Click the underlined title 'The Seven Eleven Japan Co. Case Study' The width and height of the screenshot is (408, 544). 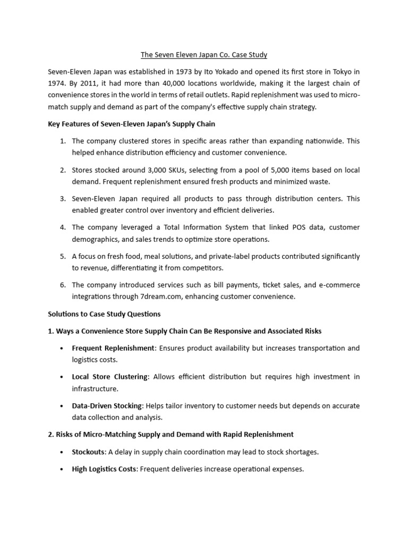[x=203, y=55]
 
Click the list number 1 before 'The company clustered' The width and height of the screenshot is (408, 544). [x=62, y=141]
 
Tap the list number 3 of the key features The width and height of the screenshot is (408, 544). [x=62, y=199]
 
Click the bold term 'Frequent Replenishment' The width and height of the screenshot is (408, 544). [x=113, y=348]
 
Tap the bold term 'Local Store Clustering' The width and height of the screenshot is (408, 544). [x=110, y=377]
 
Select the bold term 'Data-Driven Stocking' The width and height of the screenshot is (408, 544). [x=107, y=406]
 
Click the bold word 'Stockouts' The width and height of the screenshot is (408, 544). [x=89, y=452]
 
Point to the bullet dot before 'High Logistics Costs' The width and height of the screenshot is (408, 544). [x=62, y=470]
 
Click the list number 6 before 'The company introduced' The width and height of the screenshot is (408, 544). [x=62, y=285]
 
